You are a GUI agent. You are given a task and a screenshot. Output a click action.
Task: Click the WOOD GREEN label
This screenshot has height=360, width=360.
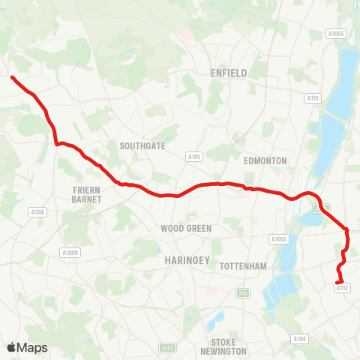[186, 228]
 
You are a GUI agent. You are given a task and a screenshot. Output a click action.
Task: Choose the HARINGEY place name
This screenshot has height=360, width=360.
[180, 259]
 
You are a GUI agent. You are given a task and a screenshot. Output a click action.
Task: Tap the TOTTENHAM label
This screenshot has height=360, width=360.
[243, 266]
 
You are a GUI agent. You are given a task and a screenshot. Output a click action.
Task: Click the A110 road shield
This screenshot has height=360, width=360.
[313, 98]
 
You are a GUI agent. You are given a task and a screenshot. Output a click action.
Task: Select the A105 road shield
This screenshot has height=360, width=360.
[195, 157]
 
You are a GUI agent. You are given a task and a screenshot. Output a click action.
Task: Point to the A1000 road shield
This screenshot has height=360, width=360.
[70, 252]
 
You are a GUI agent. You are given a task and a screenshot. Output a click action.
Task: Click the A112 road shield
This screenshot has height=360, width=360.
[343, 288]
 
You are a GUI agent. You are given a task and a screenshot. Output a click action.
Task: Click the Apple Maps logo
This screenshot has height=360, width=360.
[28, 347]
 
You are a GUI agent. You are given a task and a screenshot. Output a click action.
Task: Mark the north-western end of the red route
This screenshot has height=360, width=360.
[12, 76]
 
